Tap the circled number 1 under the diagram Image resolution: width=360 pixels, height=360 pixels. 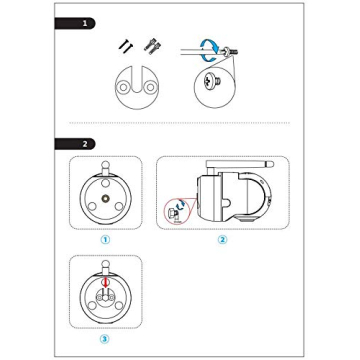pos(105,240)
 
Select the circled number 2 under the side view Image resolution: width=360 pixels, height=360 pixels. pos(222,240)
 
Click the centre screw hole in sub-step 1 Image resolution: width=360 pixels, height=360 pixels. pos(105,200)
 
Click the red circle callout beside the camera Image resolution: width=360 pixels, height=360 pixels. pos(177,212)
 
